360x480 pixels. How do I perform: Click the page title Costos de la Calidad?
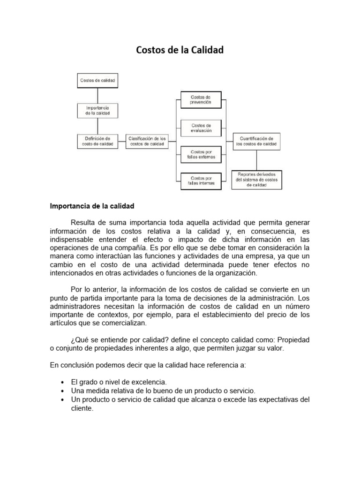[180, 50]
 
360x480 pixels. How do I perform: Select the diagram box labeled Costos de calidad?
[97, 81]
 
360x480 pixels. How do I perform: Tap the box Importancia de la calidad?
[97, 111]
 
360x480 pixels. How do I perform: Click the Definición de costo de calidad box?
[97, 142]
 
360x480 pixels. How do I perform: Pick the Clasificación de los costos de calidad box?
[147, 142]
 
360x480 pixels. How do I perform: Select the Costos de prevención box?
[201, 99]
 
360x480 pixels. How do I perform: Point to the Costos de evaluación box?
[201, 128]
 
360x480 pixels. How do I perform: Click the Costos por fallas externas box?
[201, 155]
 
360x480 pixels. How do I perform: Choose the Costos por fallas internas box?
[201, 180]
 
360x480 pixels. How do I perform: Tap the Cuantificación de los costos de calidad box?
[257, 142]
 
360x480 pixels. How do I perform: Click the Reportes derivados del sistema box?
[257, 180]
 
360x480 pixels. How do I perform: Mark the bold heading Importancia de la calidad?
[92, 206]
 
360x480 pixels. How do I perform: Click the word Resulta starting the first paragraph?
[82, 222]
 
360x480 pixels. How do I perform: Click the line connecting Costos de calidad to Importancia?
[97, 96]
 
